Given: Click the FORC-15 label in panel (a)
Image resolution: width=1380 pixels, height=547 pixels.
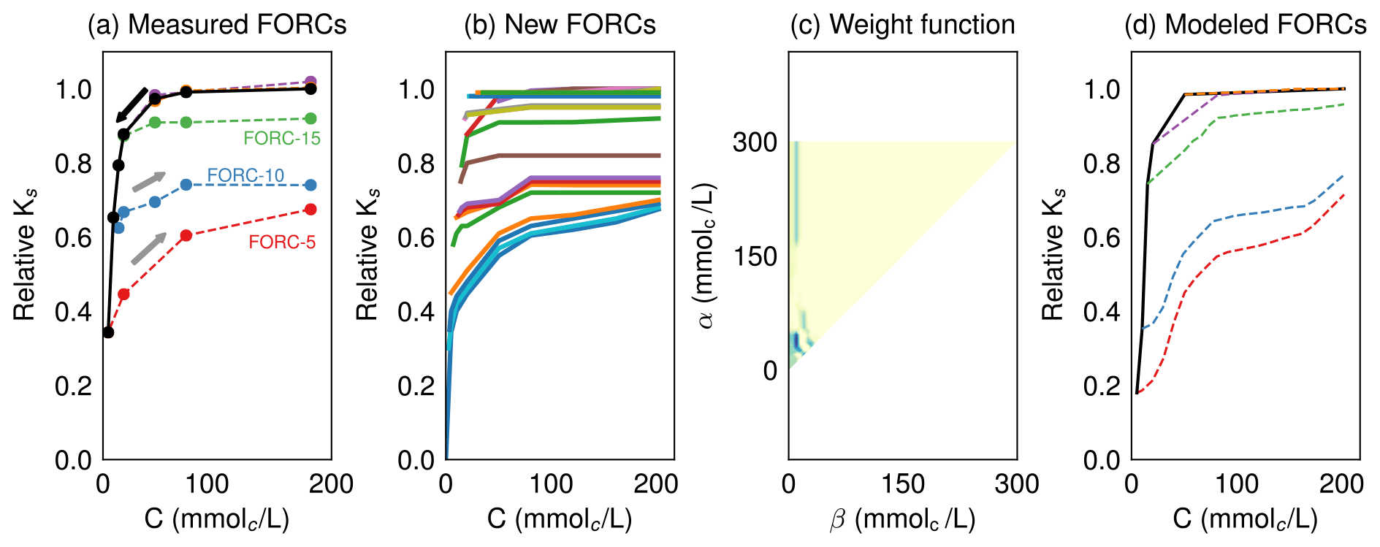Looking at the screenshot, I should tap(281, 138).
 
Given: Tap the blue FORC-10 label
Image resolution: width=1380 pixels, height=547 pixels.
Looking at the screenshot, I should tap(245, 175).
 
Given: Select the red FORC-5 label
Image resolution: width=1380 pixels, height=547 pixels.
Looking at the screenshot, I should tap(282, 242).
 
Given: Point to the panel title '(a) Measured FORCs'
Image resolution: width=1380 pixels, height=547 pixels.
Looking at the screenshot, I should tap(217, 25).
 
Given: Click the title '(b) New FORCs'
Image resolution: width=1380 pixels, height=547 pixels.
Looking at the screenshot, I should tap(560, 25).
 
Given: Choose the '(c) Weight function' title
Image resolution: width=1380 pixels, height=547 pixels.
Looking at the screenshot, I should tap(902, 25).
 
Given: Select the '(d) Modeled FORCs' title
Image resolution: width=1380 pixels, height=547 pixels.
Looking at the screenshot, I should tap(1245, 25).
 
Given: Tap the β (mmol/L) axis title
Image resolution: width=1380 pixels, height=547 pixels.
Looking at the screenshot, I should tap(902, 519).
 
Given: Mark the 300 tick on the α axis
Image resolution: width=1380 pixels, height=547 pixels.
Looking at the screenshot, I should tap(755, 142).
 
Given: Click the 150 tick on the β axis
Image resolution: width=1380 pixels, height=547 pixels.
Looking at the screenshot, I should tap(902, 483).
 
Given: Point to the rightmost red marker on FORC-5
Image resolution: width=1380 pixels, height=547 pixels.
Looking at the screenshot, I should tap(310, 210).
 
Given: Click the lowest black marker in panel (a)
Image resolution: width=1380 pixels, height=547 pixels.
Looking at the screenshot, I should tap(108, 332).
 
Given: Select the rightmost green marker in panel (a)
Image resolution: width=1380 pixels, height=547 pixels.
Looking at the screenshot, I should tap(310, 118).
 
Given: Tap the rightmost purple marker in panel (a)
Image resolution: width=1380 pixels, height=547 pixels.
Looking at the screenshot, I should tap(310, 81).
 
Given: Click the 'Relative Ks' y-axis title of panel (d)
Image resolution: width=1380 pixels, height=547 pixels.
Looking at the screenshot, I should tap(1053, 256).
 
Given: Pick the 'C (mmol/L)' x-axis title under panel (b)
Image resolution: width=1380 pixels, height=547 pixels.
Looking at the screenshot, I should tap(560, 519).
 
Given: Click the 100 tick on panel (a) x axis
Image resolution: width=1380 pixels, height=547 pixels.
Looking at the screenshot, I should tap(207, 483).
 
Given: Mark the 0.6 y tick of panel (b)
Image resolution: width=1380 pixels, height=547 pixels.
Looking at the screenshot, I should tap(415, 238).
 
